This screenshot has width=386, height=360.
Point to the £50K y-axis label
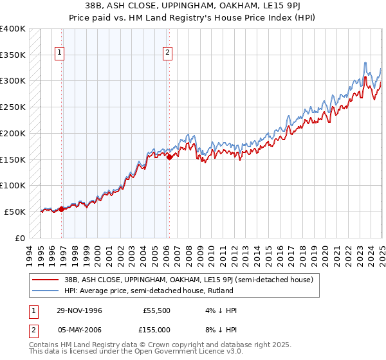click(15, 212)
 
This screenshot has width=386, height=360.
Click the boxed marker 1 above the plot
click(59, 53)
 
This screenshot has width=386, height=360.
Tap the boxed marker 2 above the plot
click(167, 53)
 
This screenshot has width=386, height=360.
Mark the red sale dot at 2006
click(169, 157)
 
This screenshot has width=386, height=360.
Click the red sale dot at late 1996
click(62, 209)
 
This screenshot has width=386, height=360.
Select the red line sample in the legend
click(45, 280)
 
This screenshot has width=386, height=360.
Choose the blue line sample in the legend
click(45, 291)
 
